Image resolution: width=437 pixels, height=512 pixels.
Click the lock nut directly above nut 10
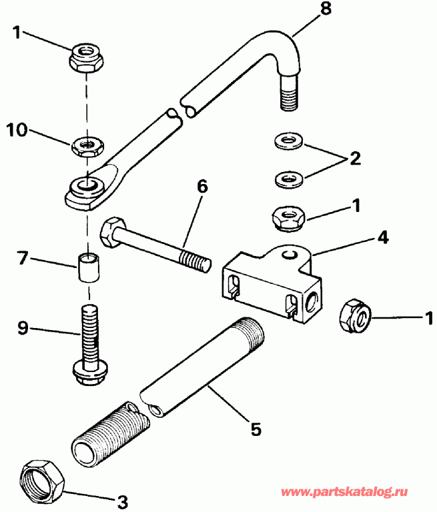pyautogui.click(x=85, y=56)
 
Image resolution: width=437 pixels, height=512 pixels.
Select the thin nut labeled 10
pyautogui.click(x=86, y=144)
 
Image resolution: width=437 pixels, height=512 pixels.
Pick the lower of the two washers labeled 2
pyautogui.click(x=288, y=177)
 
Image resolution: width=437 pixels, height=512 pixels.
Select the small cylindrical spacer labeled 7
pyautogui.click(x=87, y=268)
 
